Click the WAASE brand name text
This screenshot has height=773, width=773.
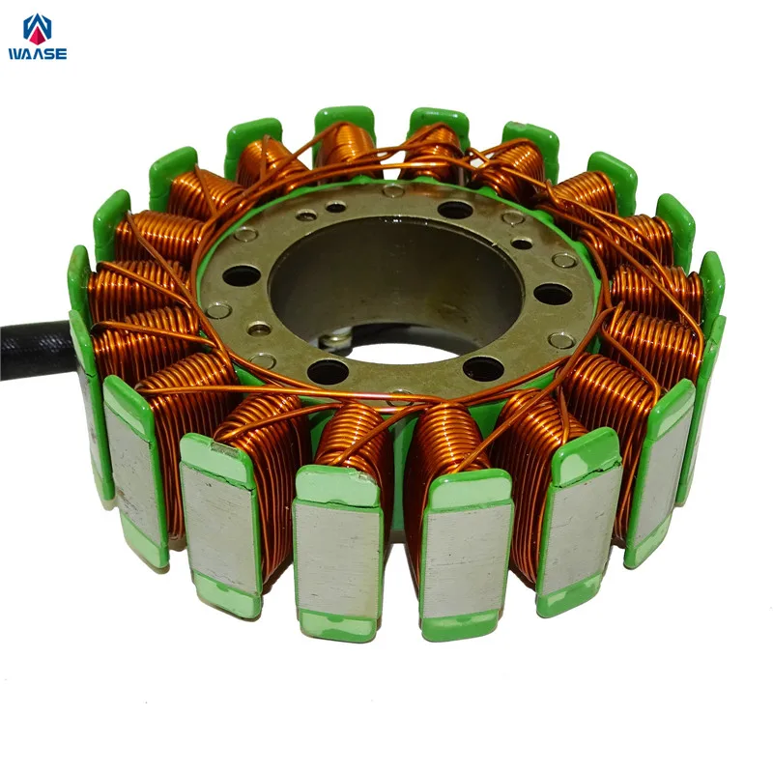pos(38,54)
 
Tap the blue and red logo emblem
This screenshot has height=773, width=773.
pos(38,29)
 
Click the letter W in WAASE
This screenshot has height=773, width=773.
pos(15,54)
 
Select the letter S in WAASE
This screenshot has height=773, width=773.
pos(49,54)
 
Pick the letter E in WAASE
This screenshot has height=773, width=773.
pos(62,54)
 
